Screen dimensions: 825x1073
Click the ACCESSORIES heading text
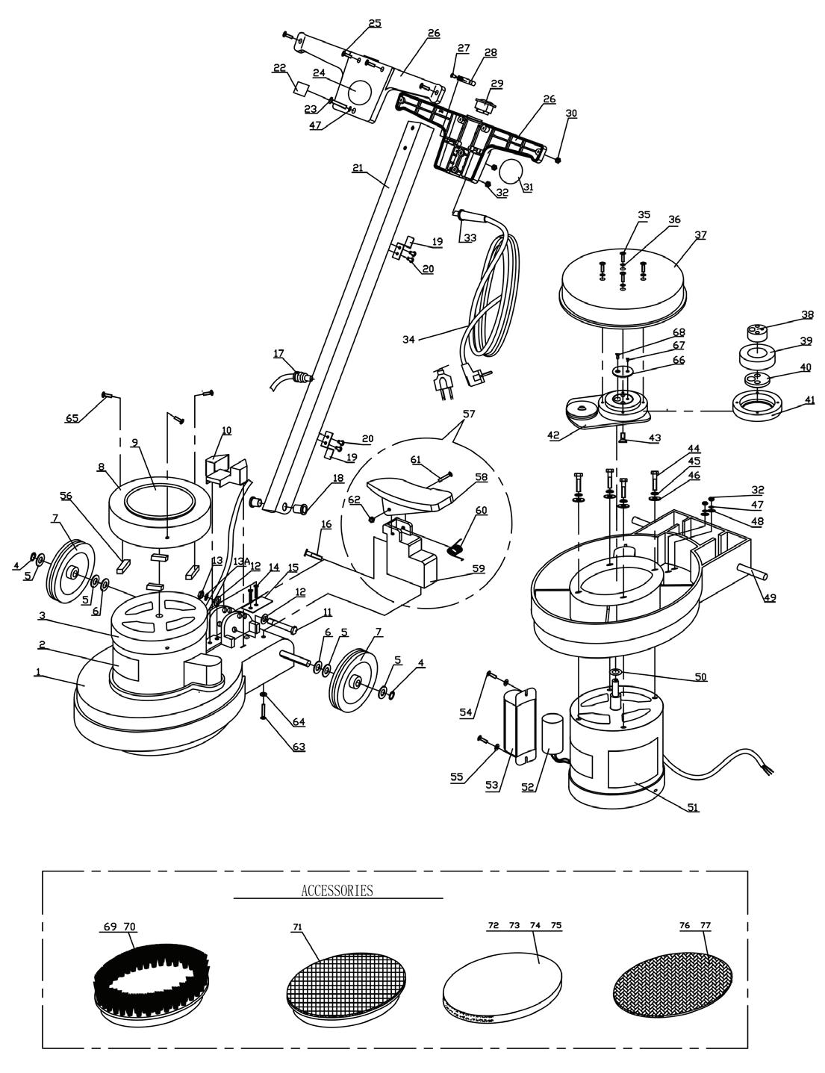(x=337, y=890)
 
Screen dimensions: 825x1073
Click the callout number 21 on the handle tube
(x=358, y=167)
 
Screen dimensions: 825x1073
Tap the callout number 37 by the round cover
(x=700, y=235)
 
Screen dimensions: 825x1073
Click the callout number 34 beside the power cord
(x=408, y=339)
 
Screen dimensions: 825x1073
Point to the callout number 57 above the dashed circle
(x=469, y=414)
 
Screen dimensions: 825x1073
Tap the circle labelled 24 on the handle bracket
(x=360, y=91)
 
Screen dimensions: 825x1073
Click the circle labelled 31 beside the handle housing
(x=510, y=172)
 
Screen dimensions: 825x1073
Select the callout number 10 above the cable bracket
(x=226, y=431)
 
